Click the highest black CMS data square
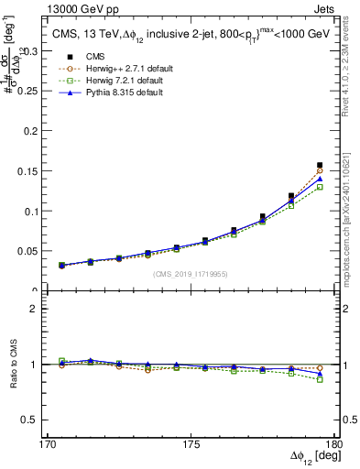tap(320, 165)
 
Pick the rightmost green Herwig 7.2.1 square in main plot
tap(320, 187)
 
